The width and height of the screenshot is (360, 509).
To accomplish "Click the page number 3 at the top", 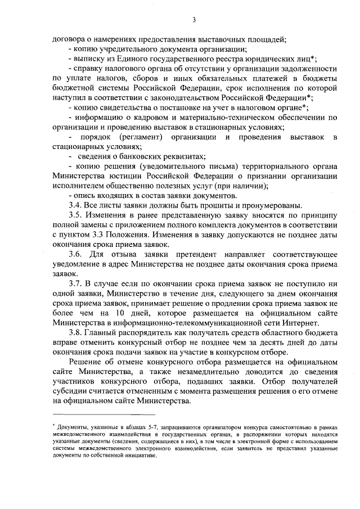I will pyautogui.click(x=193, y=20).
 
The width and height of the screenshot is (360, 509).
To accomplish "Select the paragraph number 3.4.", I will pyautogui.click(x=75, y=205).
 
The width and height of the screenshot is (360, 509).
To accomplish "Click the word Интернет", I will pyautogui.click(x=303, y=323).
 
